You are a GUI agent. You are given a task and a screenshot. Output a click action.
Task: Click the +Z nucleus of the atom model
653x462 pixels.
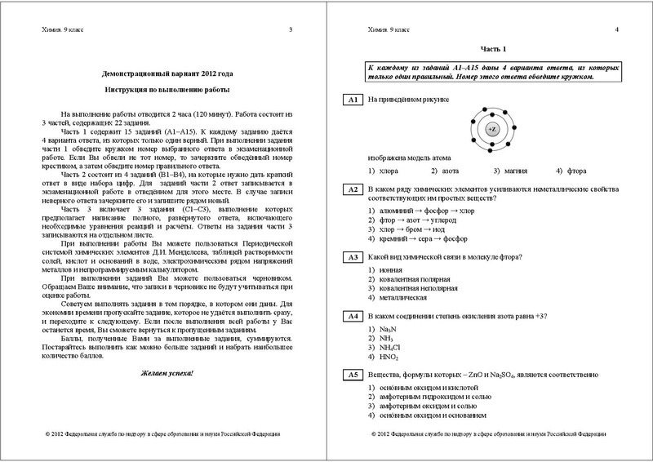pyautogui.click(x=491, y=130)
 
